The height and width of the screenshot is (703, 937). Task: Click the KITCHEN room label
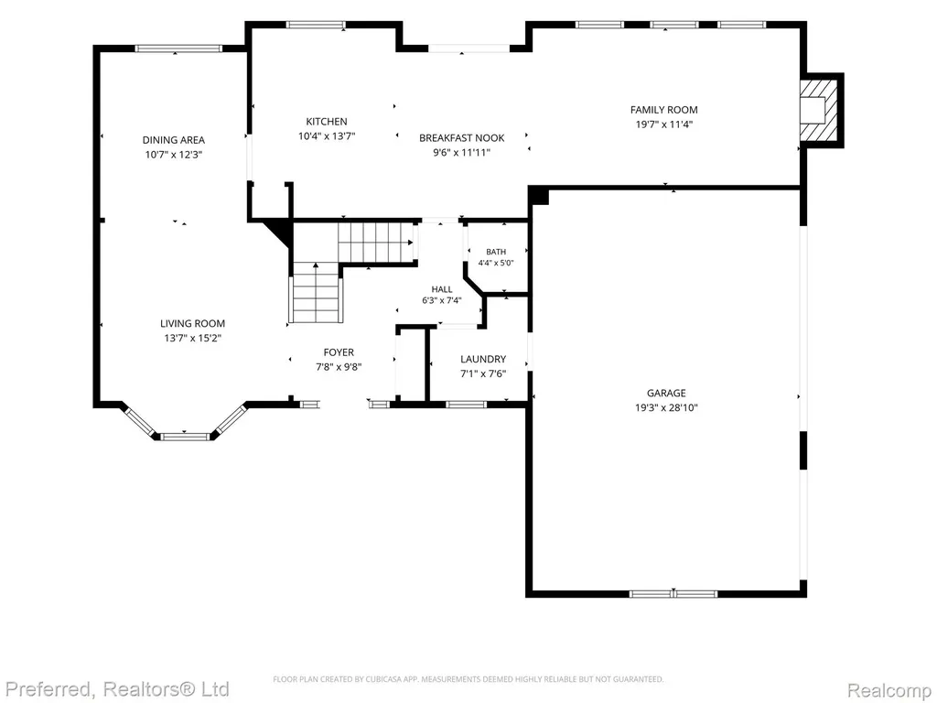click(327, 122)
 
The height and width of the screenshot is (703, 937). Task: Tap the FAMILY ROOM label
click(664, 110)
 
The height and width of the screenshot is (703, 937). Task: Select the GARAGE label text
click(666, 393)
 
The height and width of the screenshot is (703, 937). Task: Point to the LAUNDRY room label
click(483, 359)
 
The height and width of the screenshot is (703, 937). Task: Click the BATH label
click(496, 252)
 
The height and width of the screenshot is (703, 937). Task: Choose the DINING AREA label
click(173, 140)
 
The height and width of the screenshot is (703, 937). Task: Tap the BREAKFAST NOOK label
click(462, 137)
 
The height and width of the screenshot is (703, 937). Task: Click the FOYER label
click(339, 352)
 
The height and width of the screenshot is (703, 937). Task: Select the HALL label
click(442, 289)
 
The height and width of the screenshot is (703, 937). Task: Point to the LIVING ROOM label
click(192, 323)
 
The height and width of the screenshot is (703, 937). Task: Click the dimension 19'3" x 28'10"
click(666, 407)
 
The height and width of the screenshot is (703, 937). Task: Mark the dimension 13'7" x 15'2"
click(192, 339)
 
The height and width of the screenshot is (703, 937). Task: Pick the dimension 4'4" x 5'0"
click(496, 263)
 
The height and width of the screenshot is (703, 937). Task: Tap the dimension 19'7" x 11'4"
click(664, 124)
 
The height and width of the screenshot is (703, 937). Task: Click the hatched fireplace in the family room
click(820, 110)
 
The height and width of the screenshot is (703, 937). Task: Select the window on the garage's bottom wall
click(673, 593)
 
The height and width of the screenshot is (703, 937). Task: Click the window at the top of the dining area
click(178, 49)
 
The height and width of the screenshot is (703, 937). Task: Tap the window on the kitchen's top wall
click(316, 25)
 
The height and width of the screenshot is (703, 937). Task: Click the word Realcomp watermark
click(889, 689)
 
